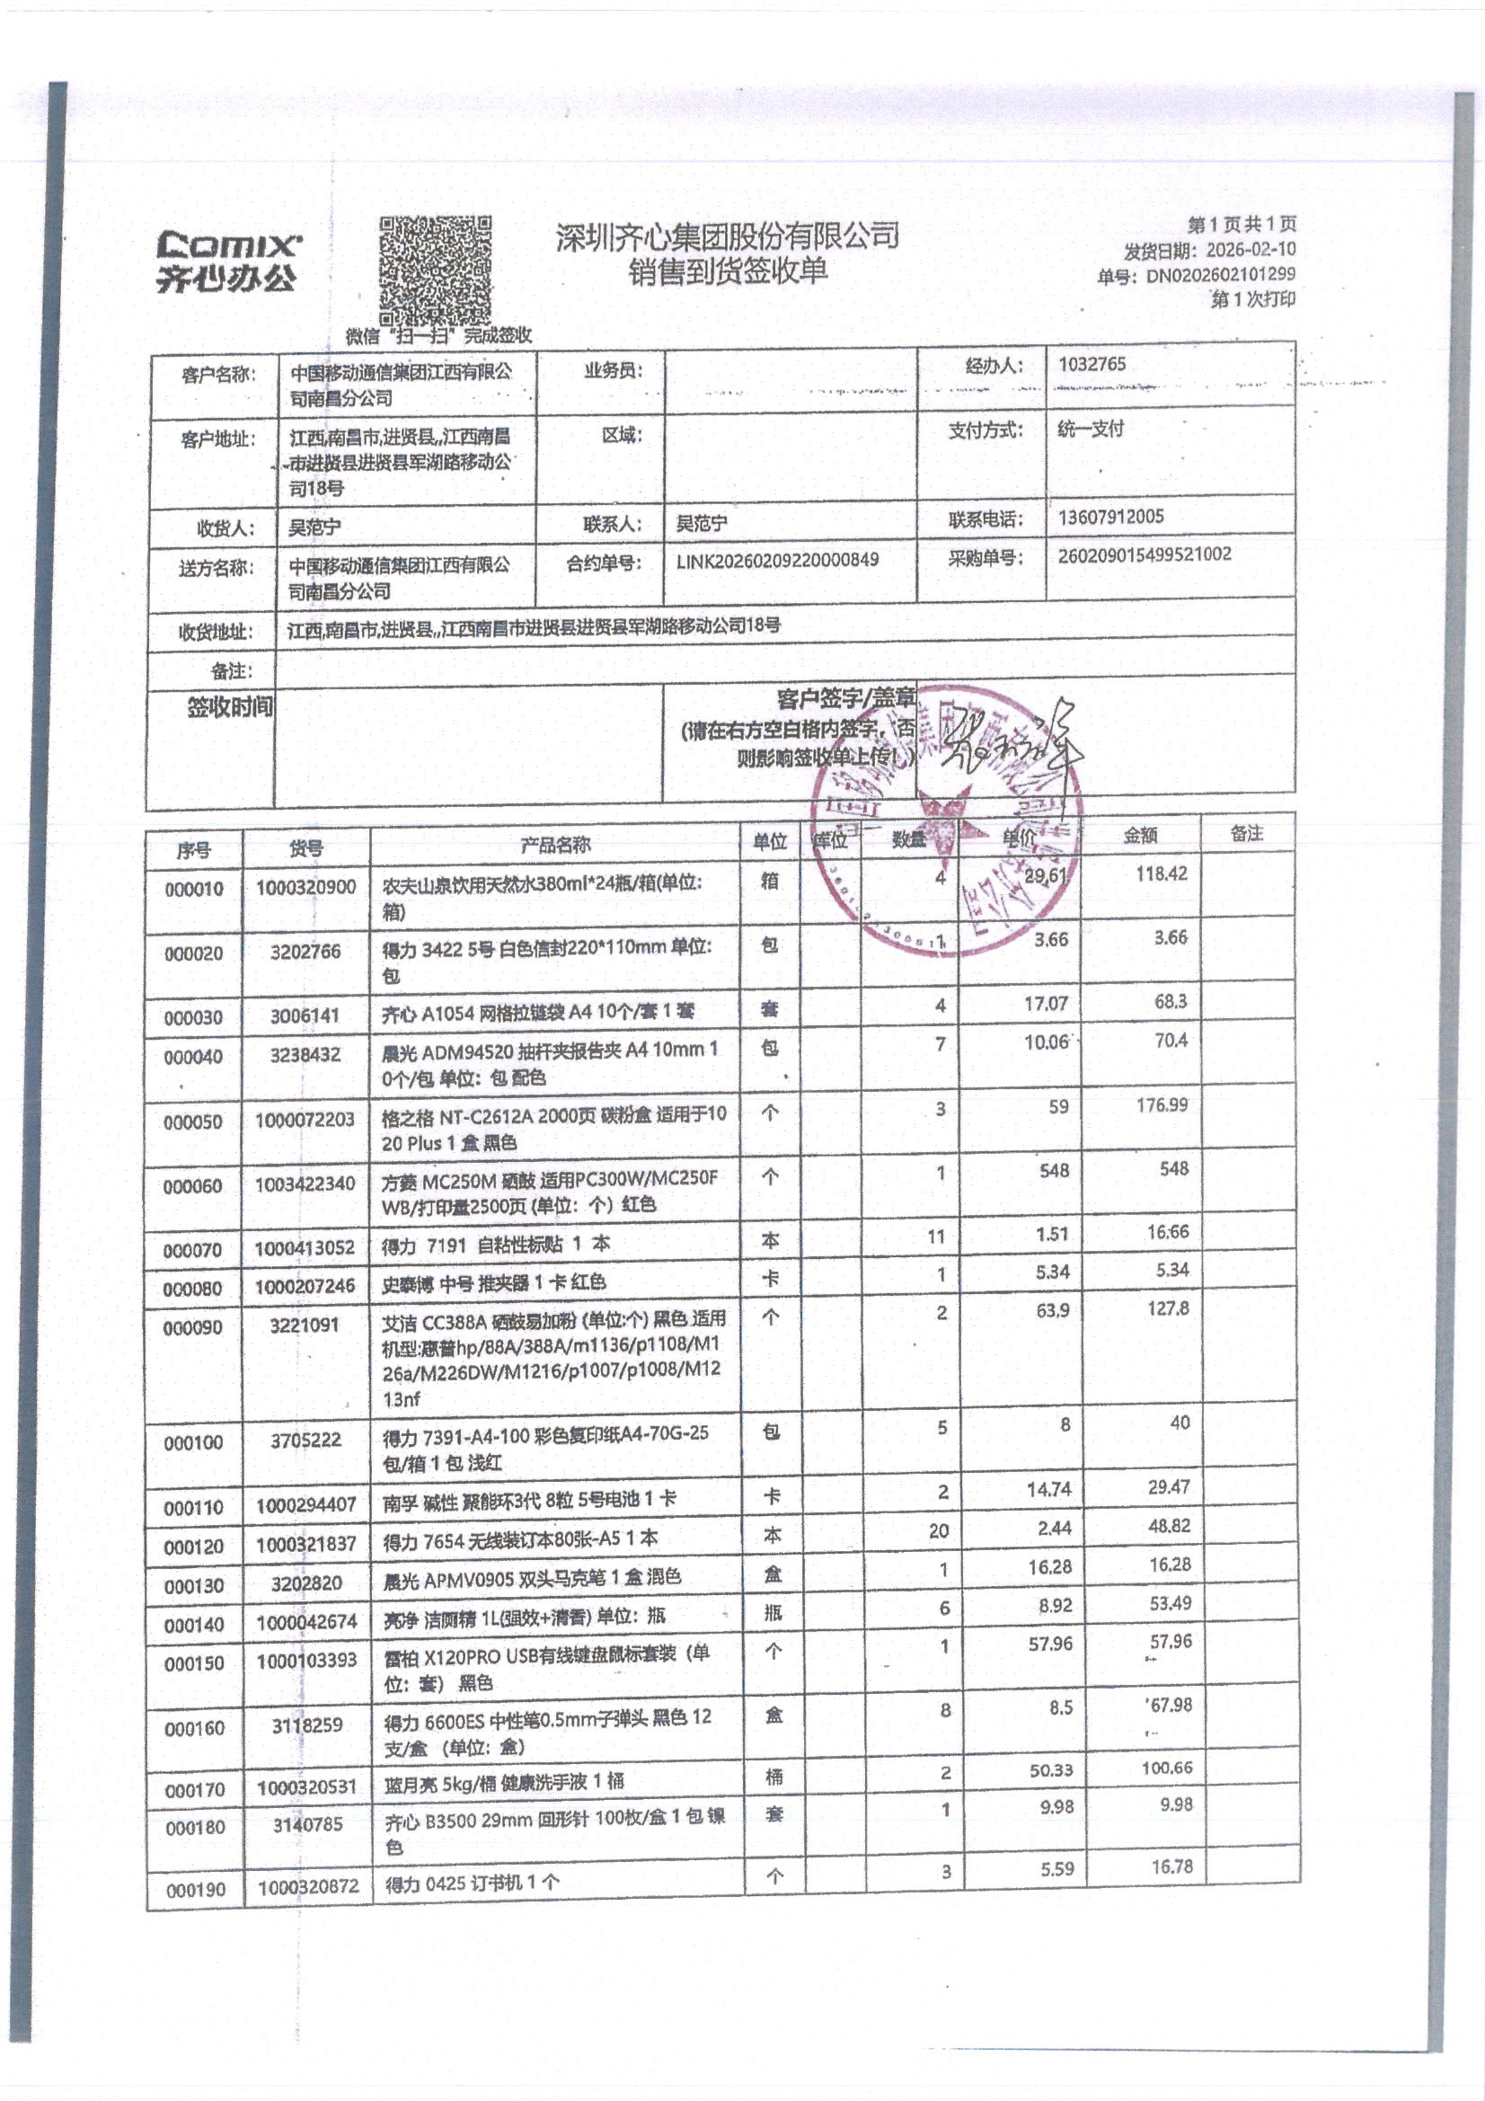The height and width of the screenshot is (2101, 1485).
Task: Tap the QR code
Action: coord(436,270)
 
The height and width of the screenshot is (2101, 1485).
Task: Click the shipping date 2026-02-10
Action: coord(1250,250)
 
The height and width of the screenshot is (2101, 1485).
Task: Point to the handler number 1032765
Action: coord(1092,364)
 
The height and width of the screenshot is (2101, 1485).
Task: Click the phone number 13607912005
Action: coord(1110,517)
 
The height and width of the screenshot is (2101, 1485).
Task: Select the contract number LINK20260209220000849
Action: coord(777,560)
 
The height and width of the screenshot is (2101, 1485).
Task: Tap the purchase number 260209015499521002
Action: coord(1144,554)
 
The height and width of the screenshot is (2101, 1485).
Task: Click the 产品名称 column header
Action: coord(555,845)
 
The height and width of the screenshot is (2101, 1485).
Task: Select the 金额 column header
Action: coord(1140,835)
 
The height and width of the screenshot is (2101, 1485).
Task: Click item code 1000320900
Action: coord(305,887)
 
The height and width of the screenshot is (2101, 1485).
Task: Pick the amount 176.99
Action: coord(1161,1104)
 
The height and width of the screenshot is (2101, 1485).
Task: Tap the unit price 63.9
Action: coord(1052,1310)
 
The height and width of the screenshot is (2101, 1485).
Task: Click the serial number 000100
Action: coord(193,1442)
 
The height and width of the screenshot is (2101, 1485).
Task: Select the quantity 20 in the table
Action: coord(939,1531)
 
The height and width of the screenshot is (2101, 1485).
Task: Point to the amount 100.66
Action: coord(1167,1767)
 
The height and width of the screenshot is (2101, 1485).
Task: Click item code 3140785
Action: coord(307,1824)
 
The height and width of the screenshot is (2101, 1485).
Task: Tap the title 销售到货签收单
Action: coord(728,271)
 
